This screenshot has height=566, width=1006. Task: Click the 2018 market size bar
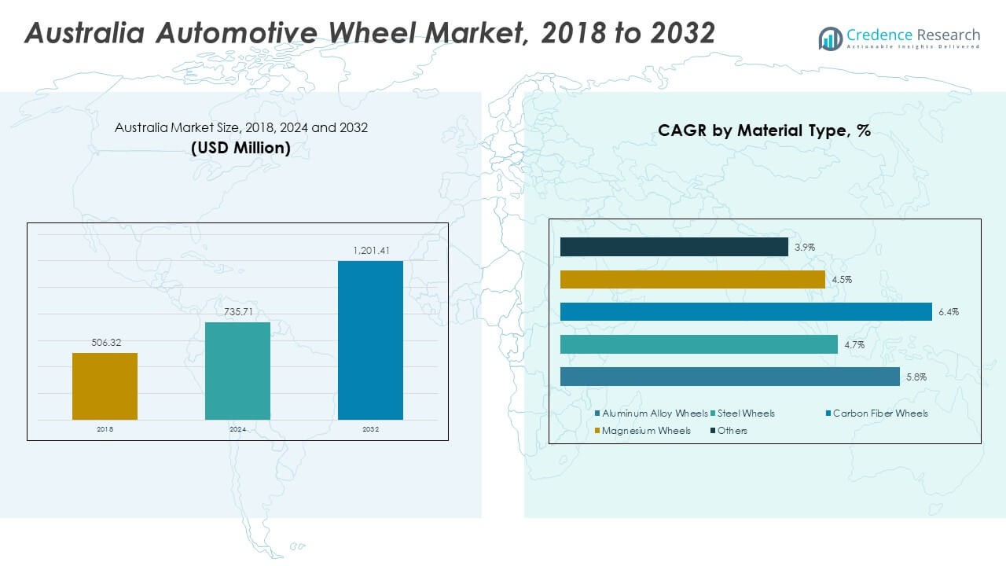point(105,386)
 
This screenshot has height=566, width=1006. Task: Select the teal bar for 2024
point(237,371)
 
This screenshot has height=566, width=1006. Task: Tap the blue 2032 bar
point(370,340)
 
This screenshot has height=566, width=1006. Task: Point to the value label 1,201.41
point(370,251)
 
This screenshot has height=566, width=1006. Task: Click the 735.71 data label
point(237,312)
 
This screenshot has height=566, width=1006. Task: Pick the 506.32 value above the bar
point(105,343)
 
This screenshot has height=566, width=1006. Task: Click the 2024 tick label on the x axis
point(237,430)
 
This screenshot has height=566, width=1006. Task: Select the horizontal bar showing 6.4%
point(746,312)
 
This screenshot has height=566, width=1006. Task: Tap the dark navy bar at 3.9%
point(674,247)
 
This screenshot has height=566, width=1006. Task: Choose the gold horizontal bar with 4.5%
point(692,280)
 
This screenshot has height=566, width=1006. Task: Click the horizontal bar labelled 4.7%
point(699,344)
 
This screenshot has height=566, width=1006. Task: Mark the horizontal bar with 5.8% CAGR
point(729,377)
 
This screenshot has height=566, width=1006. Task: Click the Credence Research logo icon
point(830,38)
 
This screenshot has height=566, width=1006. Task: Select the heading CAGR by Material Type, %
point(764,131)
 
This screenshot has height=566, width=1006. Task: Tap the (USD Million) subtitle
point(240,148)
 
